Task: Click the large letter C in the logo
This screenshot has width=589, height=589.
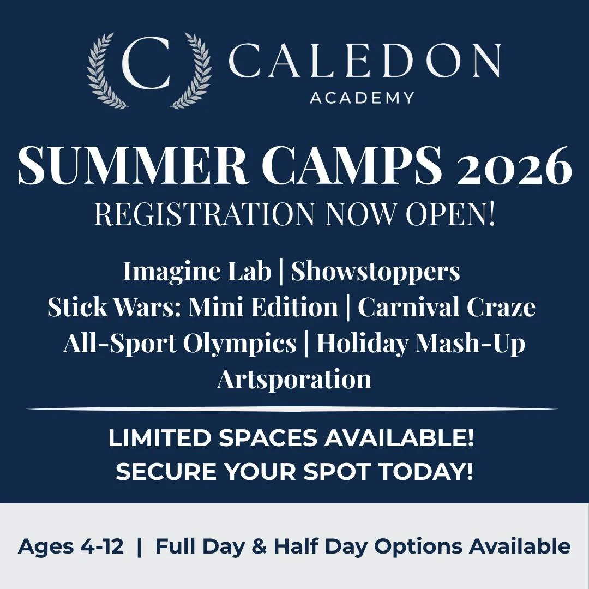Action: click(146, 69)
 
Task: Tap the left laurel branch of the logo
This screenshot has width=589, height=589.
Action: click(105, 71)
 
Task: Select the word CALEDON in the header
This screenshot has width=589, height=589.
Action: click(364, 61)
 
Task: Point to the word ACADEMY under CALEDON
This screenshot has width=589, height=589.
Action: click(362, 98)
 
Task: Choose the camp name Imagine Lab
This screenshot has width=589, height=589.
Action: click(196, 271)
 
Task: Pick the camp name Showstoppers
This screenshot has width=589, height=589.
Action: click(375, 271)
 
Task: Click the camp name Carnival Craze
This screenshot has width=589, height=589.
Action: click(446, 306)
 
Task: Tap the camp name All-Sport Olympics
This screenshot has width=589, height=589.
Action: click(179, 343)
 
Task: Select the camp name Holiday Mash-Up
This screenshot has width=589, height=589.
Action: click(420, 343)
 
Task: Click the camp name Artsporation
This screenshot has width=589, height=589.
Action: click(294, 378)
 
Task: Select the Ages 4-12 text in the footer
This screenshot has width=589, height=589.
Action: click(71, 546)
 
